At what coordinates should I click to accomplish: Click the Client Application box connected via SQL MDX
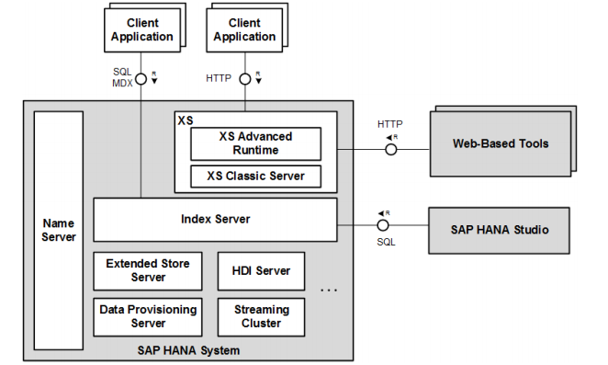click(142, 30)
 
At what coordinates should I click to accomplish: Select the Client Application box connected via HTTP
click(243, 30)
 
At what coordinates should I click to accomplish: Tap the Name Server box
click(59, 230)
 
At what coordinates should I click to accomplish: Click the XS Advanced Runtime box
click(255, 143)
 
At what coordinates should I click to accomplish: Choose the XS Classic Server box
click(255, 175)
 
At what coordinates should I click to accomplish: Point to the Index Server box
click(215, 220)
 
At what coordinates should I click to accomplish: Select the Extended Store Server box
click(148, 270)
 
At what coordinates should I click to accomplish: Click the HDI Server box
click(261, 270)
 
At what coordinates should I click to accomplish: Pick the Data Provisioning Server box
click(148, 316)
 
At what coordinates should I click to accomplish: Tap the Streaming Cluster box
click(261, 316)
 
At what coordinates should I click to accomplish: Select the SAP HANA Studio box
click(500, 229)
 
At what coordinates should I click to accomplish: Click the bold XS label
click(185, 120)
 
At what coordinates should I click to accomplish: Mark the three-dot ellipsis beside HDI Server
click(329, 290)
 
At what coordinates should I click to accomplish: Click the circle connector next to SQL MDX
click(141, 78)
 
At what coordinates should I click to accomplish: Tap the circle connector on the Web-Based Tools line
click(389, 150)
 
